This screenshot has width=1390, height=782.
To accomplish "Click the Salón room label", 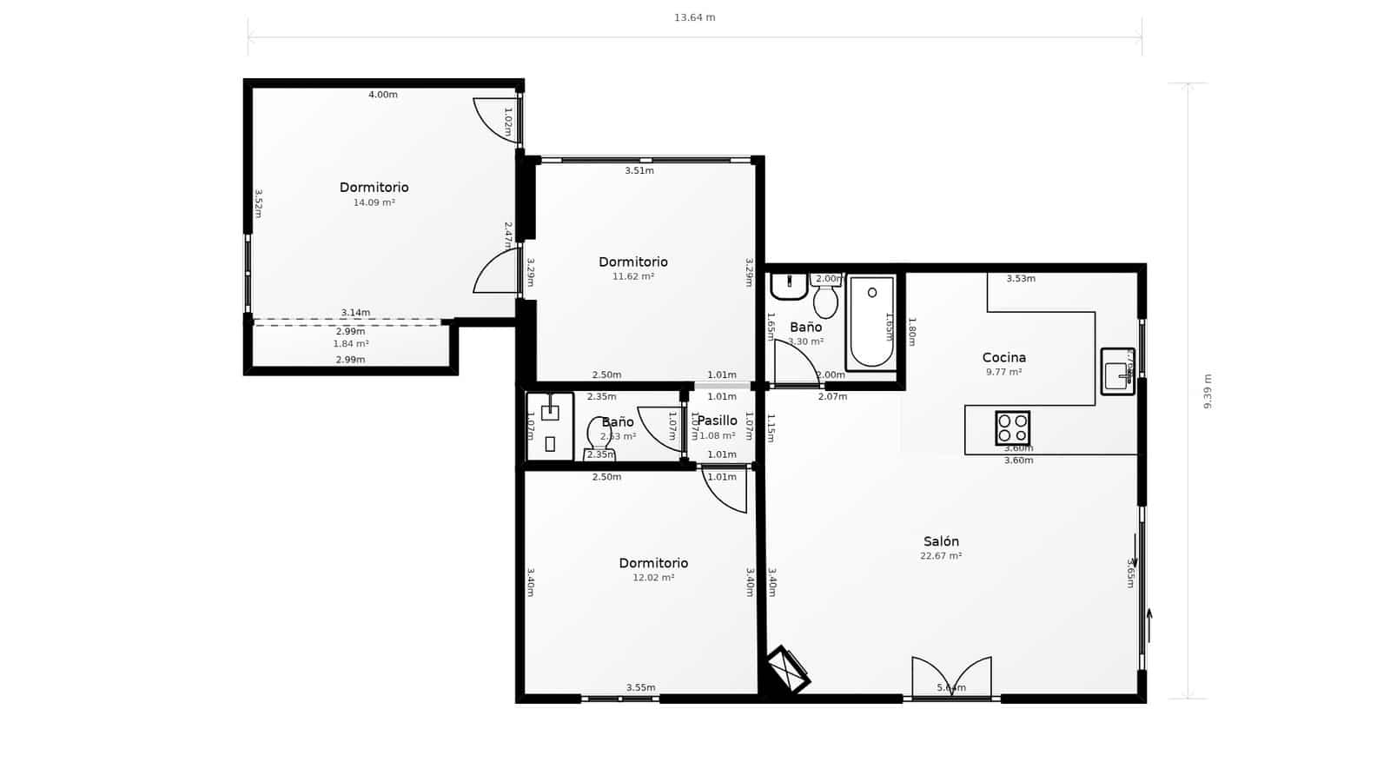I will coord(941,541).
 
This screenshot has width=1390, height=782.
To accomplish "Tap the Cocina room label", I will coord(1003,357).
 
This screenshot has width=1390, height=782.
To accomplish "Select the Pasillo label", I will coord(718,421).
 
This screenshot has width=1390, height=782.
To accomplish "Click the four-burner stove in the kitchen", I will coord(1012,428).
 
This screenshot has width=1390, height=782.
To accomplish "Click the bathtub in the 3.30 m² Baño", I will coord(871,321).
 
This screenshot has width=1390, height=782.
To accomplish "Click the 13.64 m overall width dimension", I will coord(694,17).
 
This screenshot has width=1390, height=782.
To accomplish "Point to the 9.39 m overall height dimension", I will coord(1208,391).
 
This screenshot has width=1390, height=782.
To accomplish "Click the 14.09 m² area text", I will coord(374,202).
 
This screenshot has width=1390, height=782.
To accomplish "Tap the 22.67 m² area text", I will coord(941,556).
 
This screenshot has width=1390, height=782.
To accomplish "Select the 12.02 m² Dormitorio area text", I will coord(653,578).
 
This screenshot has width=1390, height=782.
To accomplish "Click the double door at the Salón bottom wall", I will coord(951,678).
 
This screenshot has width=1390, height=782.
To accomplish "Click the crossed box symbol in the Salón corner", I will coord(789,669).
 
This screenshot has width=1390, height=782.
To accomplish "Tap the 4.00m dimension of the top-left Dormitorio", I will coord(382,95).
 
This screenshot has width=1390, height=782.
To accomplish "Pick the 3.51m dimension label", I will coord(639,171).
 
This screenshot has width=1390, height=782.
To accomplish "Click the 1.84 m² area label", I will coord(351,344).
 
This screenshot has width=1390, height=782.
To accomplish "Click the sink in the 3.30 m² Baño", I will coord(789,285).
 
